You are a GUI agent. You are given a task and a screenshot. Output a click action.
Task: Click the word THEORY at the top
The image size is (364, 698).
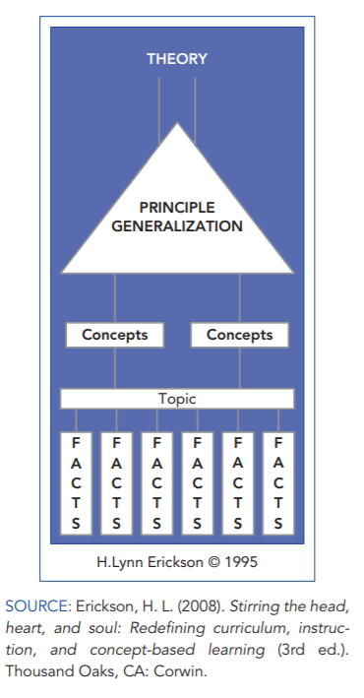[x=177, y=59]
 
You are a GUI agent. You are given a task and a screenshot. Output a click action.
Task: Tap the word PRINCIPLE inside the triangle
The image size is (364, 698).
[x=177, y=208]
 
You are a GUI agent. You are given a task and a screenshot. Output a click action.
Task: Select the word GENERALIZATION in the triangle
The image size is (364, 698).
[x=177, y=226]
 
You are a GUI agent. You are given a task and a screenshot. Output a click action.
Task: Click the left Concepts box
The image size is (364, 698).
[x=115, y=335]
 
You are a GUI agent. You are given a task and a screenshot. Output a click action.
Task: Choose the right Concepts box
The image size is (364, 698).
[x=240, y=335]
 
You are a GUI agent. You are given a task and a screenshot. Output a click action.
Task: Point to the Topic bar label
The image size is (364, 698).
[x=177, y=399]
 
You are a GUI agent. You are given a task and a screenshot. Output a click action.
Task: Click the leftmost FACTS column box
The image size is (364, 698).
[x=76, y=483]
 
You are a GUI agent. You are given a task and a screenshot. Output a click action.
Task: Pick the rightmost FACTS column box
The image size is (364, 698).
[x=278, y=483]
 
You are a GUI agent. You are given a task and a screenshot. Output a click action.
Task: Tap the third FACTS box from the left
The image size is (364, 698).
[x=157, y=483]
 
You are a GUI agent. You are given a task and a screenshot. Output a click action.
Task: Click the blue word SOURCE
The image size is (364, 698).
[x=38, y=606]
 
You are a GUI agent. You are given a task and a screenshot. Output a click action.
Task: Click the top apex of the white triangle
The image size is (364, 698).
[x=177, y=122]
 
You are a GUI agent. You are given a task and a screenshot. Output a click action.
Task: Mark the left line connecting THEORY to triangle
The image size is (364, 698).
[x=159, y=111]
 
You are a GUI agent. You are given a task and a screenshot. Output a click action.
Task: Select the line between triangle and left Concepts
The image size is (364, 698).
[x=115, y=298]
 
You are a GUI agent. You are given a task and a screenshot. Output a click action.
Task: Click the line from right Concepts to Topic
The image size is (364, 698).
[x=240, y=368]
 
